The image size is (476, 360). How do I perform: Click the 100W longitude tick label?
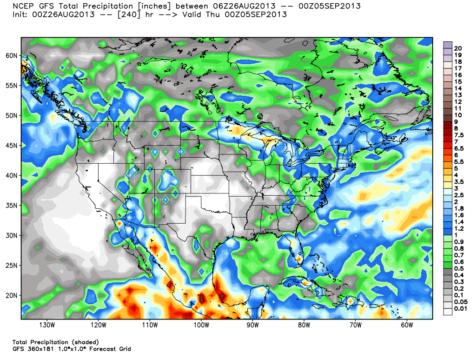click(201, 325)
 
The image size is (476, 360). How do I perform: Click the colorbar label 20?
click(458, 48)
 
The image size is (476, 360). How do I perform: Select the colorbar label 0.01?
click(461, 308)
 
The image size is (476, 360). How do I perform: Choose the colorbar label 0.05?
click(461, 301)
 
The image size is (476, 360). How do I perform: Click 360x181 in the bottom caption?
click(40, 349)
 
